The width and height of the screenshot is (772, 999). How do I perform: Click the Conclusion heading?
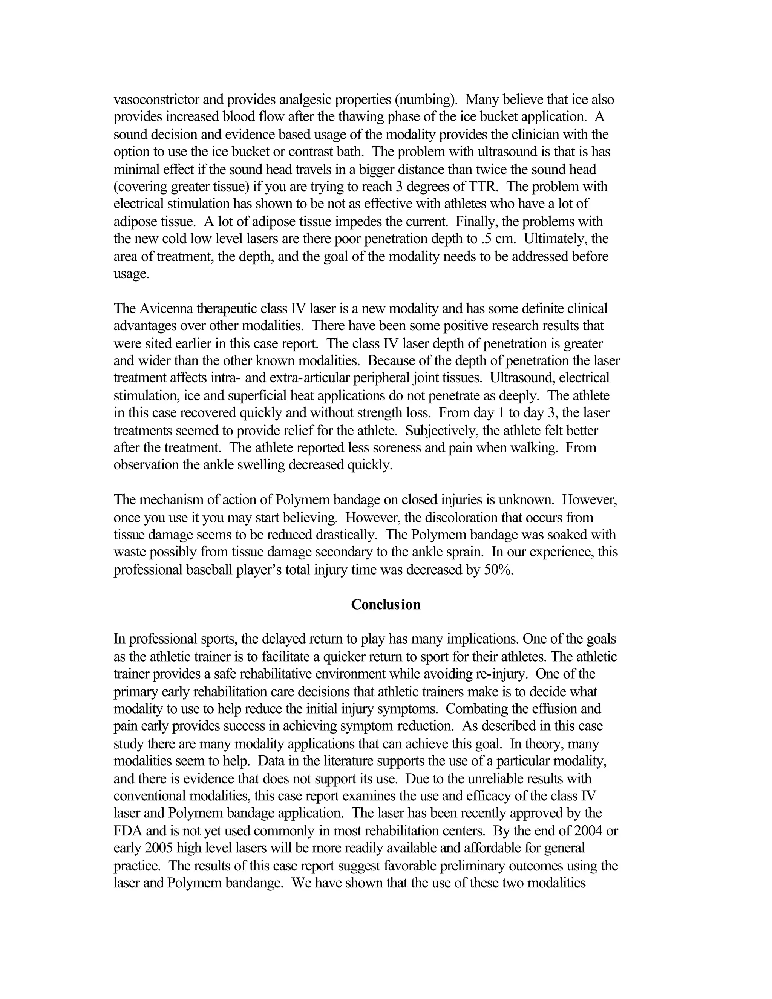coord(386,604)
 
